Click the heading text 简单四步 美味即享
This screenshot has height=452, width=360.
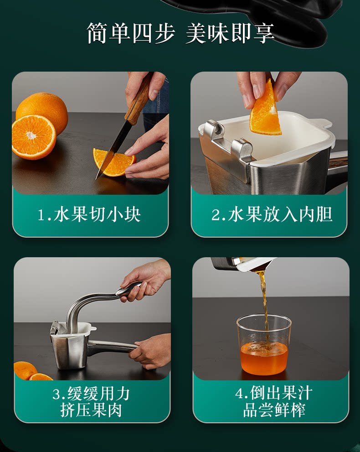click(180, 33)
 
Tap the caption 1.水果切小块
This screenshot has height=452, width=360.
click(89, 215)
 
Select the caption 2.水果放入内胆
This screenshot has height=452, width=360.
click(272, 215)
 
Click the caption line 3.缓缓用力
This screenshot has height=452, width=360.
click(91, 394)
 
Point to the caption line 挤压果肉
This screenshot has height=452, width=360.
click(91, 410)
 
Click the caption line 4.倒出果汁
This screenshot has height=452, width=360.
click(273, 393)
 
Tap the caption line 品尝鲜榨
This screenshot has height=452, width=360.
click(274, 410)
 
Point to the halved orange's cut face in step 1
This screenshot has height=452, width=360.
click(33, 137)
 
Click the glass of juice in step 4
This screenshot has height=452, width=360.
click(264, 344)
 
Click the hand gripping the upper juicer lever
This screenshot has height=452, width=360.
click(145, 282)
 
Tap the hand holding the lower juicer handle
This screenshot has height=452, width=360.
click(151, 350)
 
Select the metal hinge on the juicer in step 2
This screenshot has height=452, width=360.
click(227, 144)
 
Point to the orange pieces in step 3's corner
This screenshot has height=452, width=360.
click(32, 371)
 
